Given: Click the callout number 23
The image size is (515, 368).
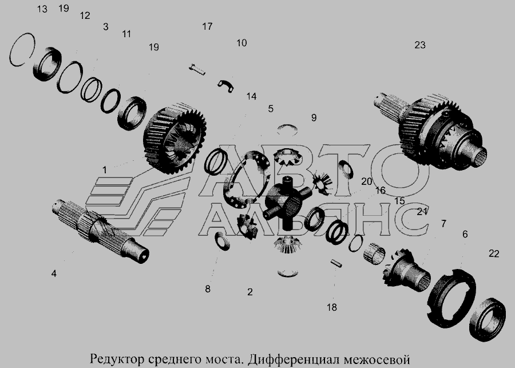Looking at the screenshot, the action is tap(420, 45).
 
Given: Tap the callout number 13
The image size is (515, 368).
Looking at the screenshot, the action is tap(42, 9).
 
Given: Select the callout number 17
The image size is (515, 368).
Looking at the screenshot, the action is tap(207, 26).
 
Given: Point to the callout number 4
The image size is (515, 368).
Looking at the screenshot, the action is tap(54, 274).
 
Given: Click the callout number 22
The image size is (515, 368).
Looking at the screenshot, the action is tap(494, 254).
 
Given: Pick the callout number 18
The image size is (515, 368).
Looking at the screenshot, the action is tap(332, 307).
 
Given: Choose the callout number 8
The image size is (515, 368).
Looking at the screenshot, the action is tap(208, 289).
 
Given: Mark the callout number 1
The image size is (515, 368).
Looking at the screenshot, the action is tap(105, 170).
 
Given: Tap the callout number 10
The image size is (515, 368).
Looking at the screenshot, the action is tap(241, 43).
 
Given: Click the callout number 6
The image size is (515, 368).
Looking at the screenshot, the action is tap(465, 234).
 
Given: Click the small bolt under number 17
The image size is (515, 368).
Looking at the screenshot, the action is tap(197, 70).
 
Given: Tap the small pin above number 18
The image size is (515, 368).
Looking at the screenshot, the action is tap(336, 263).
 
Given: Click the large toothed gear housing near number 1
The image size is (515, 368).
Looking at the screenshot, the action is tap(175, 138).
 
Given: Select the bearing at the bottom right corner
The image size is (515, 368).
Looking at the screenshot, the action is tap(488, 319).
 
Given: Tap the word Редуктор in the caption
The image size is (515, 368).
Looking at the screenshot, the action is tap(117, 359).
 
